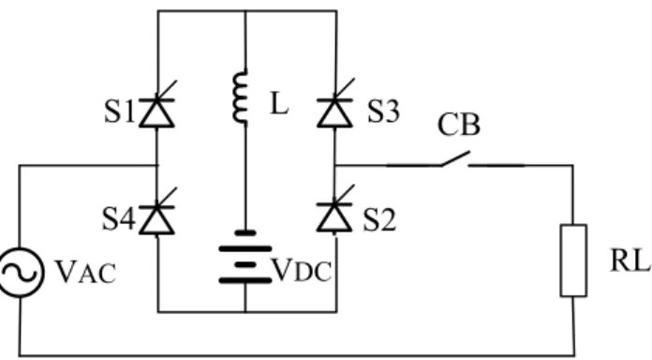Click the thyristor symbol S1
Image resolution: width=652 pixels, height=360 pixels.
pos(156,112)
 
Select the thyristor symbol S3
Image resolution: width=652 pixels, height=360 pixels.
pos(334,112)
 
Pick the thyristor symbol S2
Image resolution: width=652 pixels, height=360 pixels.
pos(334,217)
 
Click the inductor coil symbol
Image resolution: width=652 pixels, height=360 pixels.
pos(241,97)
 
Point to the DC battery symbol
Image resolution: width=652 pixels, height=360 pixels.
pos(245,257)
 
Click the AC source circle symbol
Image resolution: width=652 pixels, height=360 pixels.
pos(20,272)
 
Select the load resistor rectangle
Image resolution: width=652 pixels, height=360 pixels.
pos(573,261)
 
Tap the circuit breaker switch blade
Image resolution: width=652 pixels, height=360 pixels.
pos(455,158)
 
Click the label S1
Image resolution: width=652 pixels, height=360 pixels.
pos(120,112)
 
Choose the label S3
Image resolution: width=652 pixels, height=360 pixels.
pos(384,112)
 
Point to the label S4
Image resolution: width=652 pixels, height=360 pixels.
pos(119,219)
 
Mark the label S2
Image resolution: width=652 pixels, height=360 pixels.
pos(379,219)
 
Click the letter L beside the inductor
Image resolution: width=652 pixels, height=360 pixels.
pos(279,103)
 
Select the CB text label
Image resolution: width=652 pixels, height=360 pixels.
pos(459,125)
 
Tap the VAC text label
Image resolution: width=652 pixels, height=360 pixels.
pos(85,272)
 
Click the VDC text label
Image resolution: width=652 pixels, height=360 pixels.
pos(302,271)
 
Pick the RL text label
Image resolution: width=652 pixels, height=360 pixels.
pos(630,261)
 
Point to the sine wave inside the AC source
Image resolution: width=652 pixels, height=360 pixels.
pos(19,273)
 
